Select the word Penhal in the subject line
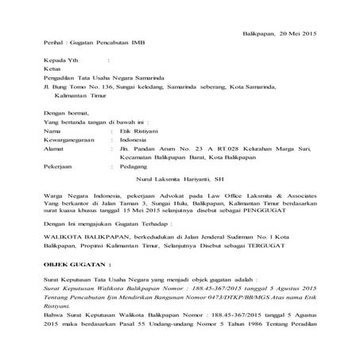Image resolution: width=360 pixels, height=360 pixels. point(53,39)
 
